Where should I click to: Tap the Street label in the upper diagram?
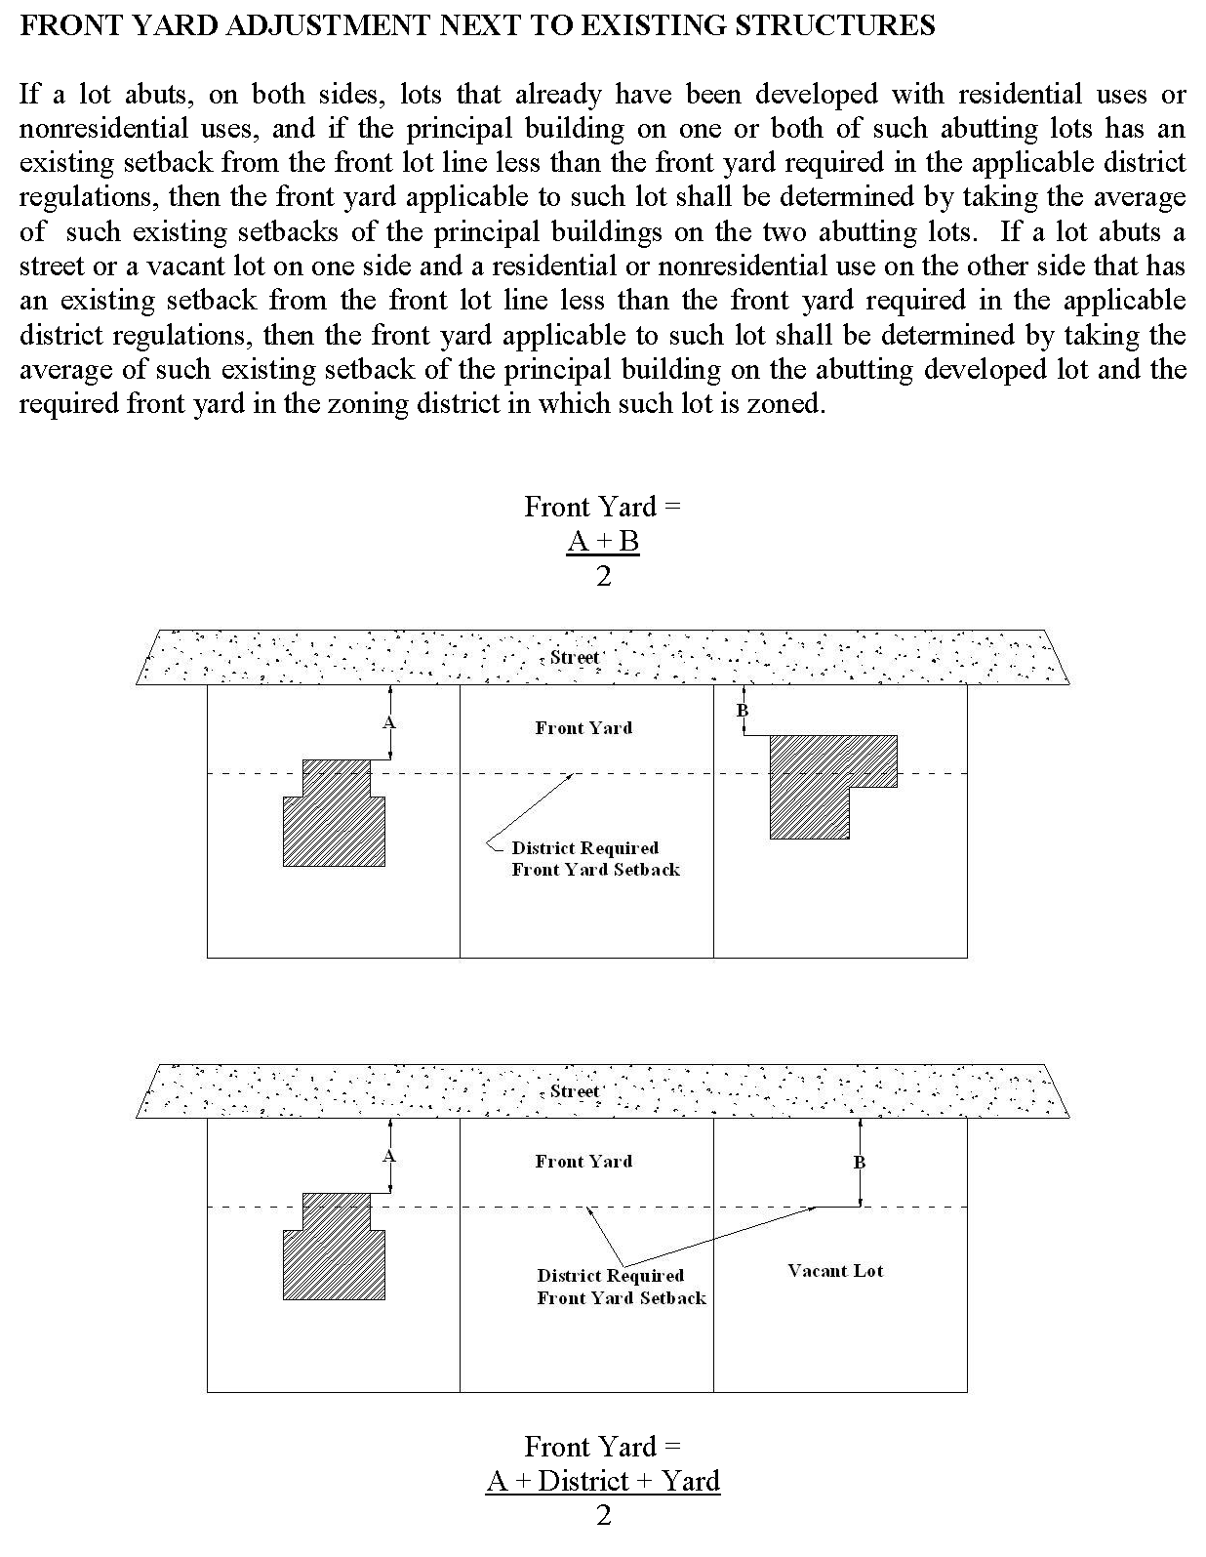pyautogui.click(x=574, y=657)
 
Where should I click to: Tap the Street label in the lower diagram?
pyautogui.click(x=574, y=1090)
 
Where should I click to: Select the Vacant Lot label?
pyautogui.click(x=835, y=1270)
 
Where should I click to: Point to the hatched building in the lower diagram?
pyautogui.click(x=334, y=1255)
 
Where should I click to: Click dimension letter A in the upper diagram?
pyautogui.click(x=388, y=723)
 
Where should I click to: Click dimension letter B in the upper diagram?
pyautogui.click(x=742, y=711)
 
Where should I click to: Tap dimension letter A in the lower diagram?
pyautogui.click(x=388, y=1157)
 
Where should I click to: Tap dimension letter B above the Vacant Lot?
pyautogui.click(x=859, y=1162)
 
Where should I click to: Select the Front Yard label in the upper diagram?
pyautogui.click(x=583, y=727)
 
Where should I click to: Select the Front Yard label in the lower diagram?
pyautogui.click(x=583, y=1161)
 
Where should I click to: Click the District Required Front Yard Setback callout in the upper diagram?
pyautogui.click(x=595, y=859)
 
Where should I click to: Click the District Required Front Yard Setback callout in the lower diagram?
pyautogui.click(x=621, y=1287)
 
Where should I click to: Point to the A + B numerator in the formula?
pyautogui.click(x=603, y=541)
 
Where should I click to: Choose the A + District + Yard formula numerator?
pyautogui.click(x=603, y=1481)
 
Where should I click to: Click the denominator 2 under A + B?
pyautogui.click(x=603, y=576)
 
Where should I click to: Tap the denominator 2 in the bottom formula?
pyautogui.click(x=603, y=1516)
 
